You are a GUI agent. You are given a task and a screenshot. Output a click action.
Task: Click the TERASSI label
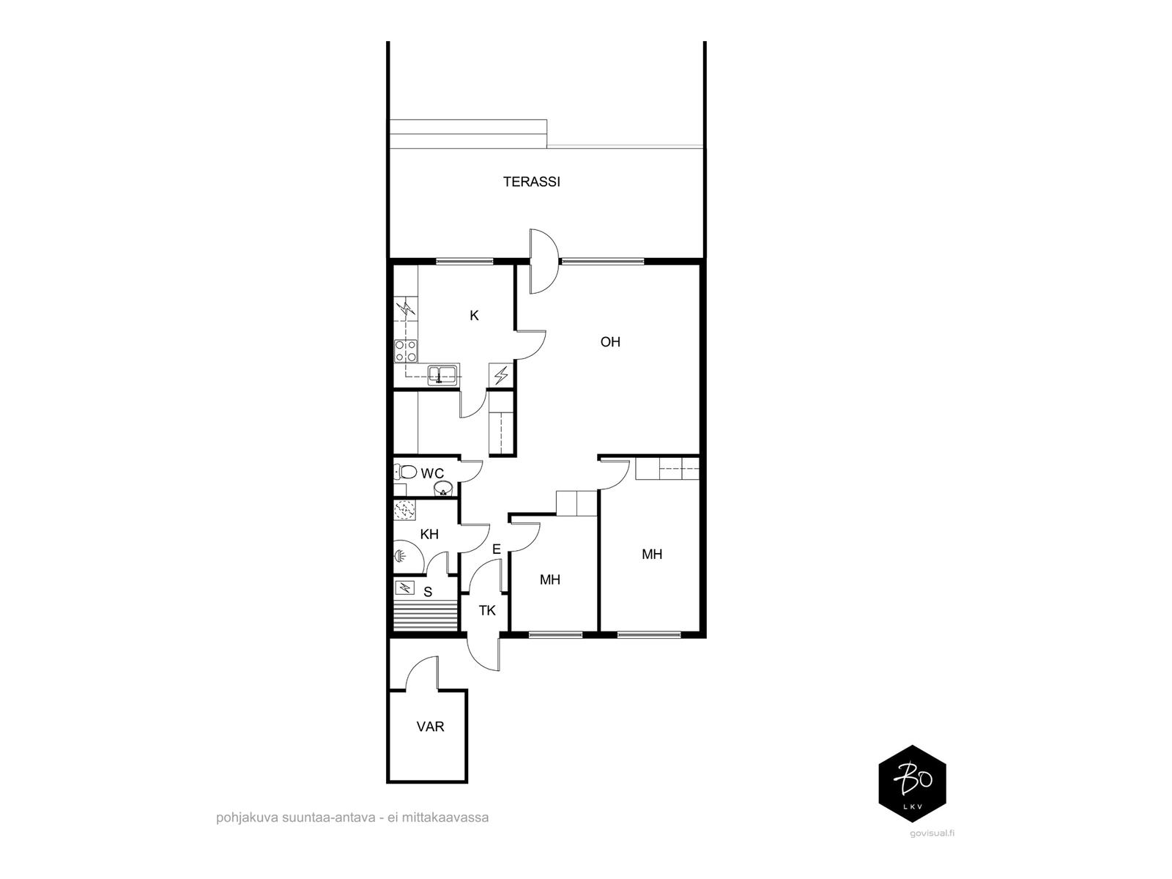point(531,182)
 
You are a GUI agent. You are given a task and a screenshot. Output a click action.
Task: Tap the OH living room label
point(610,341)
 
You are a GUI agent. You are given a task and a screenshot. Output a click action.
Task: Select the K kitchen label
point(474,316)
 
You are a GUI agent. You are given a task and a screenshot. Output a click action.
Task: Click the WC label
point(432,474)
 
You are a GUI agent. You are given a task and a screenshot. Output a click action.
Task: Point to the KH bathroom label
point(429,534)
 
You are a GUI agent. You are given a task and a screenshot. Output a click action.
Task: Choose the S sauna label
point(428,591)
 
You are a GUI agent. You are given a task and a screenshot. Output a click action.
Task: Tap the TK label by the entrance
point(487,610)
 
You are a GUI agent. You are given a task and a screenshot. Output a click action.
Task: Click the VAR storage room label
point(430,727)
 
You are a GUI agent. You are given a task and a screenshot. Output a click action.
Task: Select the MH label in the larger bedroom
point(652,555)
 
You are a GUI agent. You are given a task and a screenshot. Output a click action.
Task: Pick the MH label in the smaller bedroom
point(550,580)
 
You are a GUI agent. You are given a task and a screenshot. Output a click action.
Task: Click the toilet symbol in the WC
point(406,472)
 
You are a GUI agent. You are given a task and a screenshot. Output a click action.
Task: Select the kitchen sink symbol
point(442,375)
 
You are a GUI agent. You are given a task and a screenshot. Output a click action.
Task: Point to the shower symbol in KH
point(401,555)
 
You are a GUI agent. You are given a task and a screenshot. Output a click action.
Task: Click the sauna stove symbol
point(404,587)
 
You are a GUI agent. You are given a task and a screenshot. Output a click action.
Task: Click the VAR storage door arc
point(422,672)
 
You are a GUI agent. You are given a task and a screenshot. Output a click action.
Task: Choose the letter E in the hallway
point(496,549)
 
